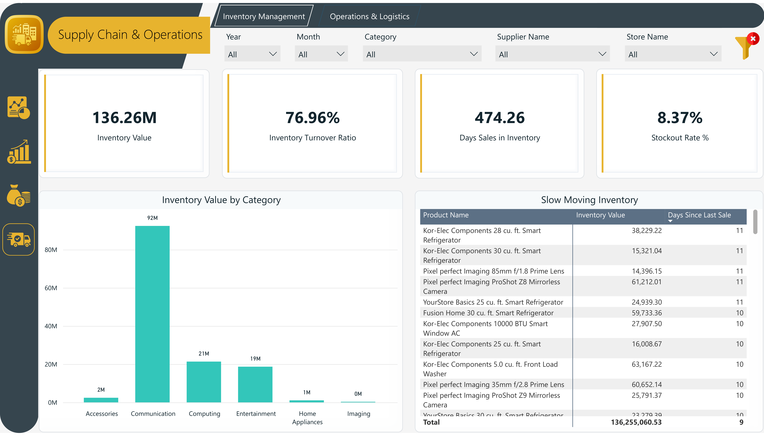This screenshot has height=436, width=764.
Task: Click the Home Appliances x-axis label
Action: pos(307,417)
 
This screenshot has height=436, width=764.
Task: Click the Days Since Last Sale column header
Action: pos(699,215)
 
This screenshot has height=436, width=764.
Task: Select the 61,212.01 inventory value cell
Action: pos(646,282)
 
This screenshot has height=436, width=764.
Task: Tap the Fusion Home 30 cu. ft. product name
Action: pos(488,313)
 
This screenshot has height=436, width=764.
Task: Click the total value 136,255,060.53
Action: pos(636,422)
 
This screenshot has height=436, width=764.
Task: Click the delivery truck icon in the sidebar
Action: pos(19,239)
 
